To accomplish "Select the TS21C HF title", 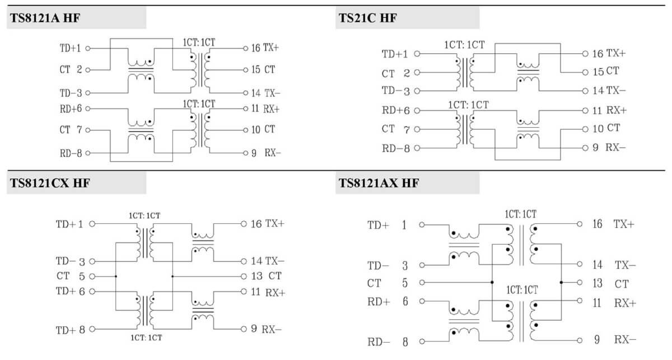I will click(368, 18).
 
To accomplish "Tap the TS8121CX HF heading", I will click(50, 183).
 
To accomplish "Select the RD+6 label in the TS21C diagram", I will click(396, 110).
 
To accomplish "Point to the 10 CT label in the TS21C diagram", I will click(606, 128).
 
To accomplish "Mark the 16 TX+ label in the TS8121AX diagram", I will click(613, 224).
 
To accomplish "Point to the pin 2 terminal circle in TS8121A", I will click(88, 70).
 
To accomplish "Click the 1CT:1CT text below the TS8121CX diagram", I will click(146, 338).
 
